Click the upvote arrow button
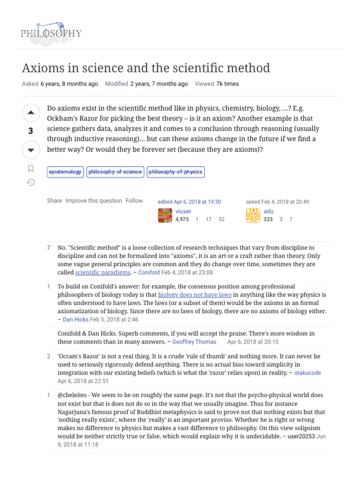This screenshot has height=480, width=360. (31, 112)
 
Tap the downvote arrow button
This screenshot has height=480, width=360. (31, 150)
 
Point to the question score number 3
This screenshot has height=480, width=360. (31, 131)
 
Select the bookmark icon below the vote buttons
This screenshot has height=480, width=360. (31, 168)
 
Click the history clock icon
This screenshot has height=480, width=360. (31, 182)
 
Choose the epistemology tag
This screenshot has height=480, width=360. (65, 172)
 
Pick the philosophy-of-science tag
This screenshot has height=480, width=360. (115, 172)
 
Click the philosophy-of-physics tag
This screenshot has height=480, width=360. (175, 172)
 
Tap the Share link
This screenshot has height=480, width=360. (54, 201)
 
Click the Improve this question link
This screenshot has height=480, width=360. (94, 201)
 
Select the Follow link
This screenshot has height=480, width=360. (134, 201)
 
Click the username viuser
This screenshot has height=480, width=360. (183, 211)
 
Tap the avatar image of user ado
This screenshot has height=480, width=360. (253, 215)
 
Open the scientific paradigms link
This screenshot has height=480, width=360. (103, 272)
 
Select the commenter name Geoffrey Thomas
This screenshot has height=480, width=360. (194, 342)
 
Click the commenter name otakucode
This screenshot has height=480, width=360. (307, 373)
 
